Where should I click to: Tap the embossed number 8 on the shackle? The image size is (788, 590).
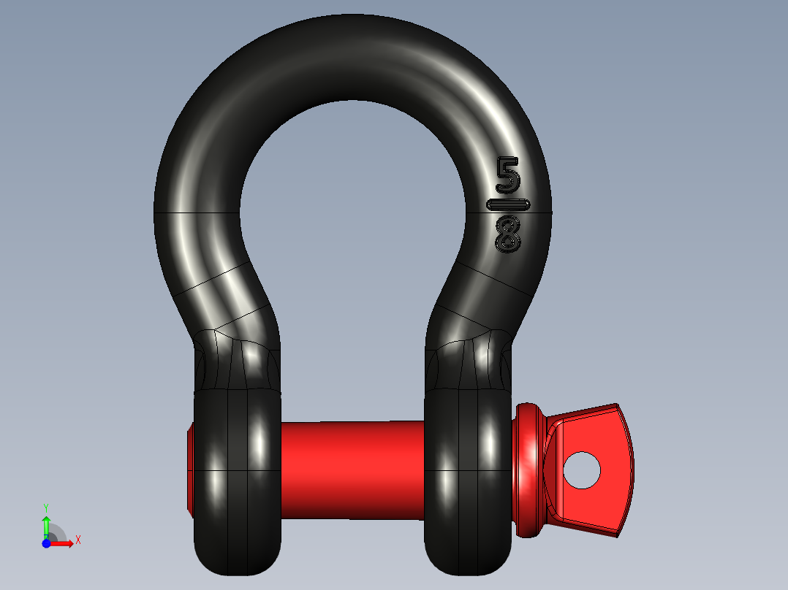[507, 234]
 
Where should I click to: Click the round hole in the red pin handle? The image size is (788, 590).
[582, 470]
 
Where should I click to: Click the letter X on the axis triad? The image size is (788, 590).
[78, 540]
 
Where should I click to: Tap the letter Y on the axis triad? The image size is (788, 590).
[46, 507]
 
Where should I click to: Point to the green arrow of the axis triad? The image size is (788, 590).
[46, 524]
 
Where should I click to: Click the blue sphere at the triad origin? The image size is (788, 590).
[46, 543]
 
